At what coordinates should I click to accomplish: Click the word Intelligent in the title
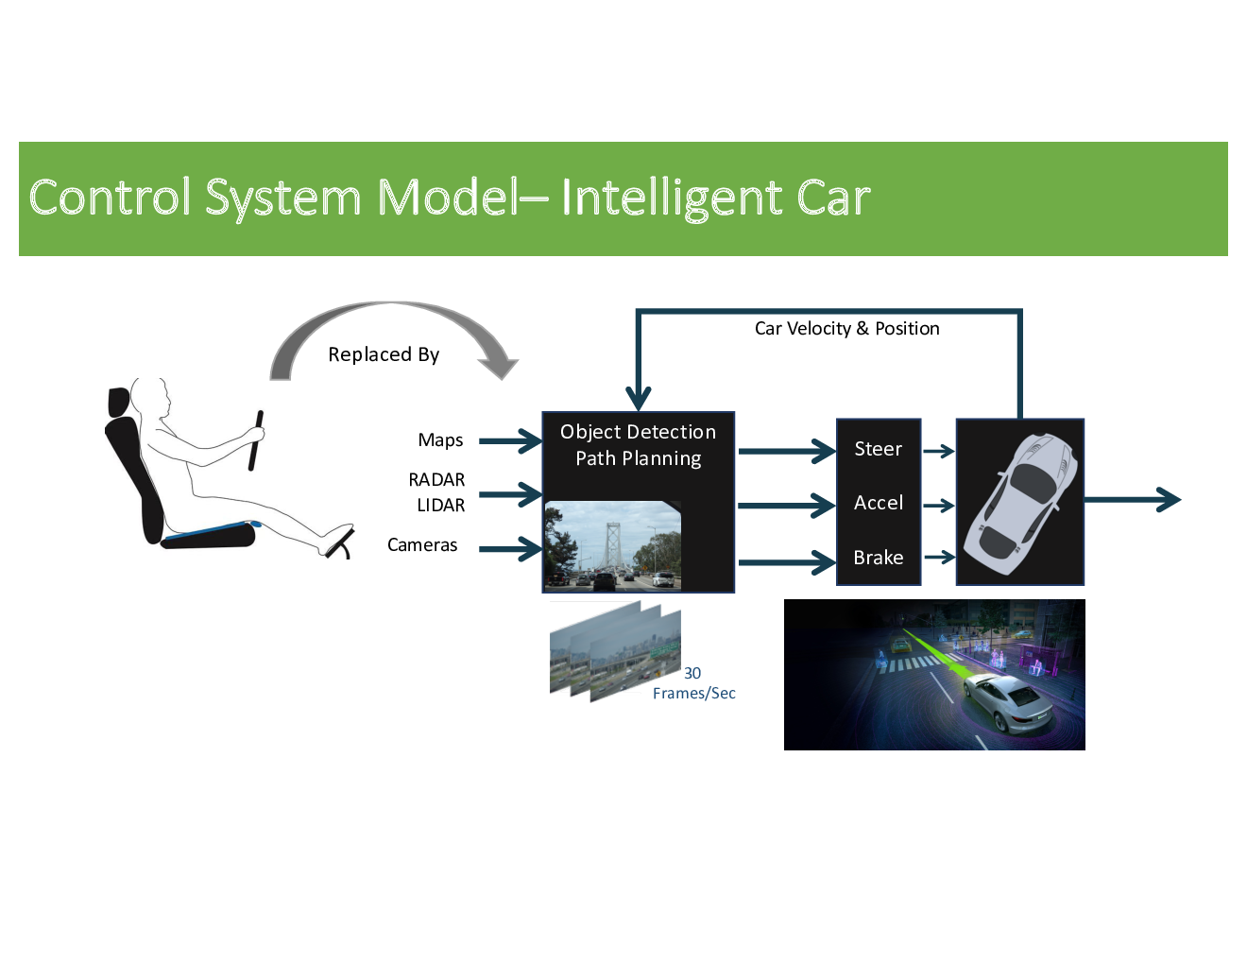672,198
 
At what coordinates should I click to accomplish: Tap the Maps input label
440,440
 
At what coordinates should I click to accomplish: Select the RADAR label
436,480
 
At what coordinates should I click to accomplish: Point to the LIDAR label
440,506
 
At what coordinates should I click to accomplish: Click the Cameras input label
422,545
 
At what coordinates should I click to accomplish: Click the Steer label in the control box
878,449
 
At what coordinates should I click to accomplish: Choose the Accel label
878,503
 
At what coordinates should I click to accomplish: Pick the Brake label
878,558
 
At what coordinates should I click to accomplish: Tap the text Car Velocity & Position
846,329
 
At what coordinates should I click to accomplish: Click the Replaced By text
384,354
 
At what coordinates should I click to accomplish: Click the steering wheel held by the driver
255,440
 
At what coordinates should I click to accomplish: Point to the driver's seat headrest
119,402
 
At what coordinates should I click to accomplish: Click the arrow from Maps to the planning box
510,440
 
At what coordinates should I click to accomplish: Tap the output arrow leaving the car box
1134,500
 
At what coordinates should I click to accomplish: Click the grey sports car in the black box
1020,501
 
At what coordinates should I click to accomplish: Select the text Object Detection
638,432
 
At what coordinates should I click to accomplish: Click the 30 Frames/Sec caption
694,683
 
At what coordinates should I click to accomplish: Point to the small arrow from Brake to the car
939,558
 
